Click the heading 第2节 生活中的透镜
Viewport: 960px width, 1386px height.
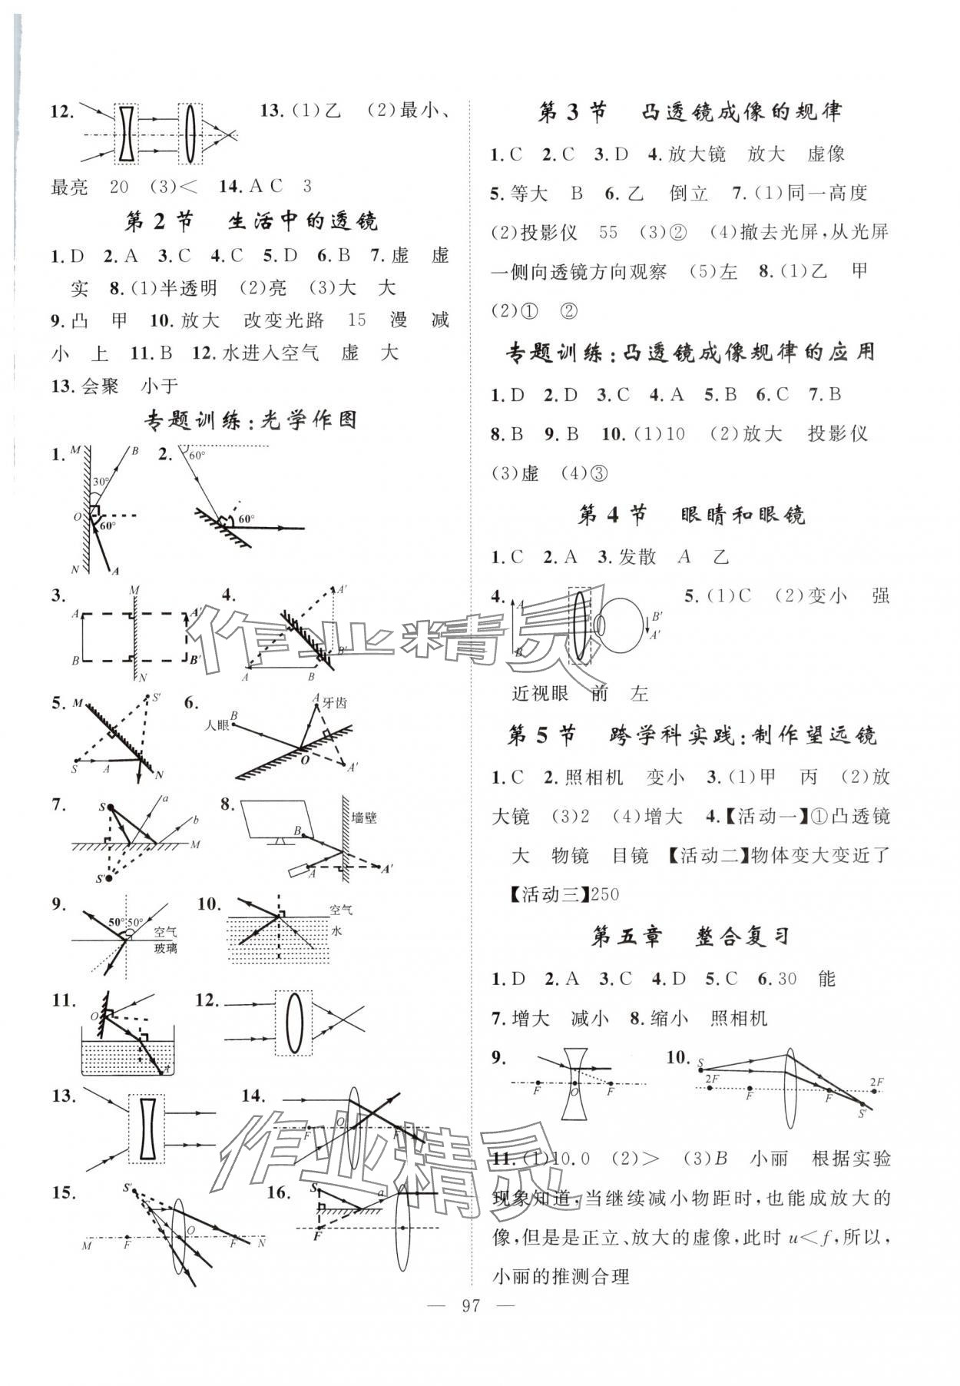pos(250,222)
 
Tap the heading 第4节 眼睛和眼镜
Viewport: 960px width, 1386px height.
pos(690,515)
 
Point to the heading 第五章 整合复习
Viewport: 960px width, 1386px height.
pos(690,937)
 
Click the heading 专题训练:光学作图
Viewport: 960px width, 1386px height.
pos(250,420)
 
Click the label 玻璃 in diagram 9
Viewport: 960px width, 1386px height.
pos(164,948)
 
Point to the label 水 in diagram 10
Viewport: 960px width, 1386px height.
pos(336,930)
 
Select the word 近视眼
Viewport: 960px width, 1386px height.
pos(541,694)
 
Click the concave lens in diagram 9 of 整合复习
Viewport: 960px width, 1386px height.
pos(570,1085)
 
